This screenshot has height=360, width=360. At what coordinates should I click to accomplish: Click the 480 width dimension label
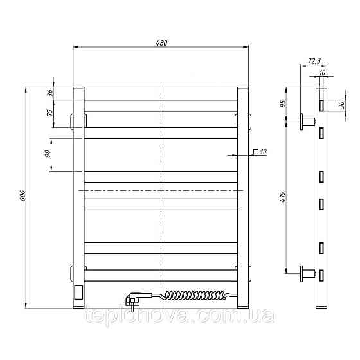point(161,43)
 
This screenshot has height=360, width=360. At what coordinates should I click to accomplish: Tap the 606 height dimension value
point(23,195)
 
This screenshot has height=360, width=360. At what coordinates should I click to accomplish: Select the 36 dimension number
point(50,93)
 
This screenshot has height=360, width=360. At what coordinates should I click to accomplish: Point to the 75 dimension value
point(50,113)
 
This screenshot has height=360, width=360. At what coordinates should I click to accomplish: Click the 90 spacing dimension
point(48,154)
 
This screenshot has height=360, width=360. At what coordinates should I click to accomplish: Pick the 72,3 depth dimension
point(314,61)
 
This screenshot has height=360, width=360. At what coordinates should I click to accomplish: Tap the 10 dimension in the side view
point(322,73)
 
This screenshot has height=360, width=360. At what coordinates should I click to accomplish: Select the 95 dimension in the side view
point(283,104)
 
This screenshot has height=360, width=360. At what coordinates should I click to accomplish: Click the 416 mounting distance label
point(282,197)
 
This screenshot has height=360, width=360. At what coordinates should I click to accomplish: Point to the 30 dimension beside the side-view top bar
point(342,105)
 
